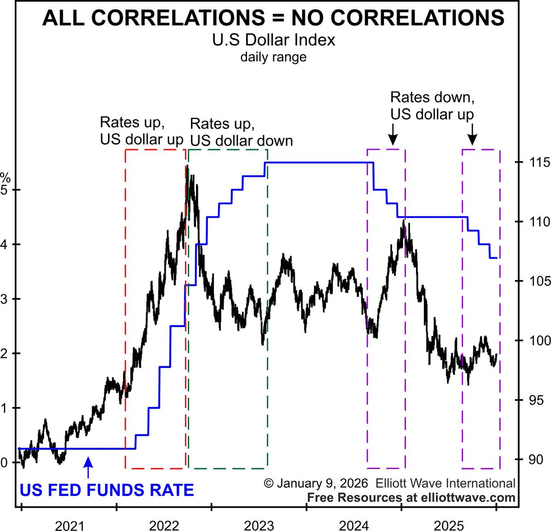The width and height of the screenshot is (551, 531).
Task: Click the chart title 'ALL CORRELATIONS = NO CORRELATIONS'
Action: (273, 18)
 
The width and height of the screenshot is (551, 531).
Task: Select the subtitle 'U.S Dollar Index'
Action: (273, 40)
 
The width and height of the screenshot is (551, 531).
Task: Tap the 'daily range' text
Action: (273, 57)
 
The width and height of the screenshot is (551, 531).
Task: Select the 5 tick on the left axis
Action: (4, 190)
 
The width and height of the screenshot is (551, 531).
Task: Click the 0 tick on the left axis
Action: (4, 463)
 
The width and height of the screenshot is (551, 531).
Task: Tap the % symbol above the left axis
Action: (5, 177)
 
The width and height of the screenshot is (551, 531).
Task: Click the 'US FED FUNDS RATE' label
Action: (107, 490)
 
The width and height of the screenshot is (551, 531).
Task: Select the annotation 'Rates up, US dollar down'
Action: (241, 132)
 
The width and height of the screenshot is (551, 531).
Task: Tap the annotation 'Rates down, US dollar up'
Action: (432, 106)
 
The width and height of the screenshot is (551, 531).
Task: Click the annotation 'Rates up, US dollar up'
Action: (141, 131)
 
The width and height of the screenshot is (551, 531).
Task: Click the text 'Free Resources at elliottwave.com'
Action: (411, 497)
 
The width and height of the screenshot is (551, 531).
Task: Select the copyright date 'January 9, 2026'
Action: (322, 483)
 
